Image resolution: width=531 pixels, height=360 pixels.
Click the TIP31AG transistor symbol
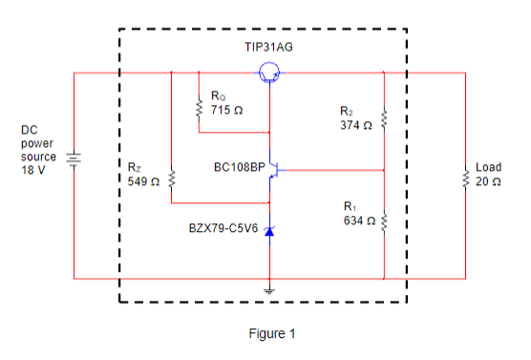(x=270, y=72)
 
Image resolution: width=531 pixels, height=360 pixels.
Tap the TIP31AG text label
(x=271, y=47)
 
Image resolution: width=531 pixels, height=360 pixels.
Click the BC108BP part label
(x=240, y=166)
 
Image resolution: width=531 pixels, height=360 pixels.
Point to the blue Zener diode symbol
(x=270, y=230)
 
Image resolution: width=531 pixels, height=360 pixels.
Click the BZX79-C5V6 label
(x=223, y=229)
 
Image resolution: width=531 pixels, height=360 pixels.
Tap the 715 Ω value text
(x=226, y=110)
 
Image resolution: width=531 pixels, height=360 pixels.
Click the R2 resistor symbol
(x=383, y=119)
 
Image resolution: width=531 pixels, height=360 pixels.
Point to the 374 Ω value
(x=355, y=125)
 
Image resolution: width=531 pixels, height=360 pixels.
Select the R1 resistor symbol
(x=383, y=222)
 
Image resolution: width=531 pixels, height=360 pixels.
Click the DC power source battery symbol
(x=73, y=160)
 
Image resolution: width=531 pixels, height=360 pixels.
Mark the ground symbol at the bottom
(x=270, y=289)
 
